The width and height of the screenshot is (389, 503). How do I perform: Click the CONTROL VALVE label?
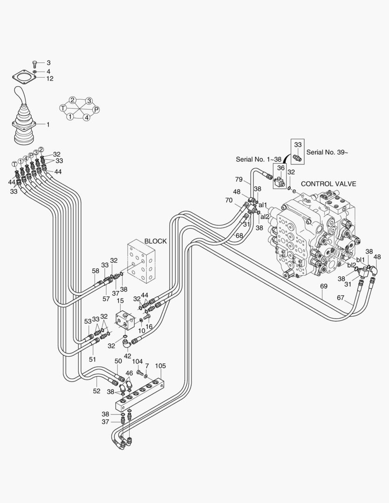[x=328, y=184]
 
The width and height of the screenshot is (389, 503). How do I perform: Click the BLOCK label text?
[x=155, y=241]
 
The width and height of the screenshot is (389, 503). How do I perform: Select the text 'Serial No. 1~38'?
[x=259, y=159]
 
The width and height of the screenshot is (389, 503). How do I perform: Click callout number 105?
[x=160, y=366]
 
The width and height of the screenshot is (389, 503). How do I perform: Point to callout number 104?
[x=137, y=361]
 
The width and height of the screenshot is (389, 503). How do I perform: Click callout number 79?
[x=239, y=180]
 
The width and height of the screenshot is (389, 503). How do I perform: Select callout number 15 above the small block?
[x=120, y=302]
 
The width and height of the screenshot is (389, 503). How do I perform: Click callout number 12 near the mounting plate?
[x=49, y=79]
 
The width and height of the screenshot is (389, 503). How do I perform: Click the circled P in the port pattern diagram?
[x=96, y=109]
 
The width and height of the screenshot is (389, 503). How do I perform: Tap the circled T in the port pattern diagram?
[x=63, y=108]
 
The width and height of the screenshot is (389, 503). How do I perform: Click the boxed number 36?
[x=281, y=168]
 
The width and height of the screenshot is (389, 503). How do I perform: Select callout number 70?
[x=229, y=200]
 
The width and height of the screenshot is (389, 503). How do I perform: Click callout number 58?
[x=96, y=271]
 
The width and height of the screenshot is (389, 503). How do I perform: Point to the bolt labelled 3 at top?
[x=36, y=63]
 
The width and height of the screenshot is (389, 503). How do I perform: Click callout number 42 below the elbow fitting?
[x=127, y=356]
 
